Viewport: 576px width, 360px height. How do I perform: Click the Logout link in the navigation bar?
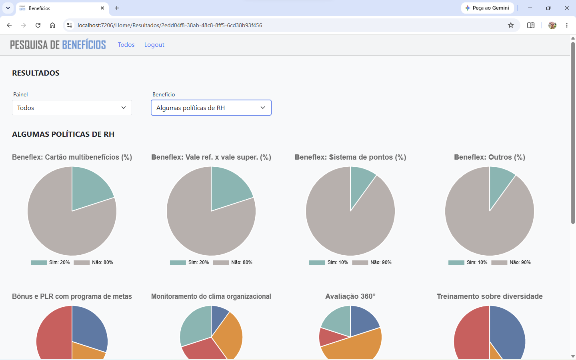pos(154,44)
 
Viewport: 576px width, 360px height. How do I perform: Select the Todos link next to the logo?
pos(126,44)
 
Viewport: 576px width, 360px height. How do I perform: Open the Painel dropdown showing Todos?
pos(72,108)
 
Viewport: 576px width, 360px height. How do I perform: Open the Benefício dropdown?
pos(211,108)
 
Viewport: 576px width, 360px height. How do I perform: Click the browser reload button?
pos(38,25)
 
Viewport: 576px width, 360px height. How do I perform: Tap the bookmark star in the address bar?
pos(511,25)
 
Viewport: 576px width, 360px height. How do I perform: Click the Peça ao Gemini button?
pos(487,8)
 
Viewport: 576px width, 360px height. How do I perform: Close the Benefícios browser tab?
pos(102,8)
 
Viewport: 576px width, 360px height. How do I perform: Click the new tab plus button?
pos(117,8)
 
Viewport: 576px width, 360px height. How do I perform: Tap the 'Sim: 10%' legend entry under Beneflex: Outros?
pos(468,262)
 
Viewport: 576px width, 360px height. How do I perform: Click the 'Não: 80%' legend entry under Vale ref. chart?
pos(232,262)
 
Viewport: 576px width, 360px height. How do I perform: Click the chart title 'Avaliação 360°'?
pos(350,296)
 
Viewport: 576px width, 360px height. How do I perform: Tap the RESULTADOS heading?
pos(36,73)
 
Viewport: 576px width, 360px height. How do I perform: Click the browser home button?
pos(52,25)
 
